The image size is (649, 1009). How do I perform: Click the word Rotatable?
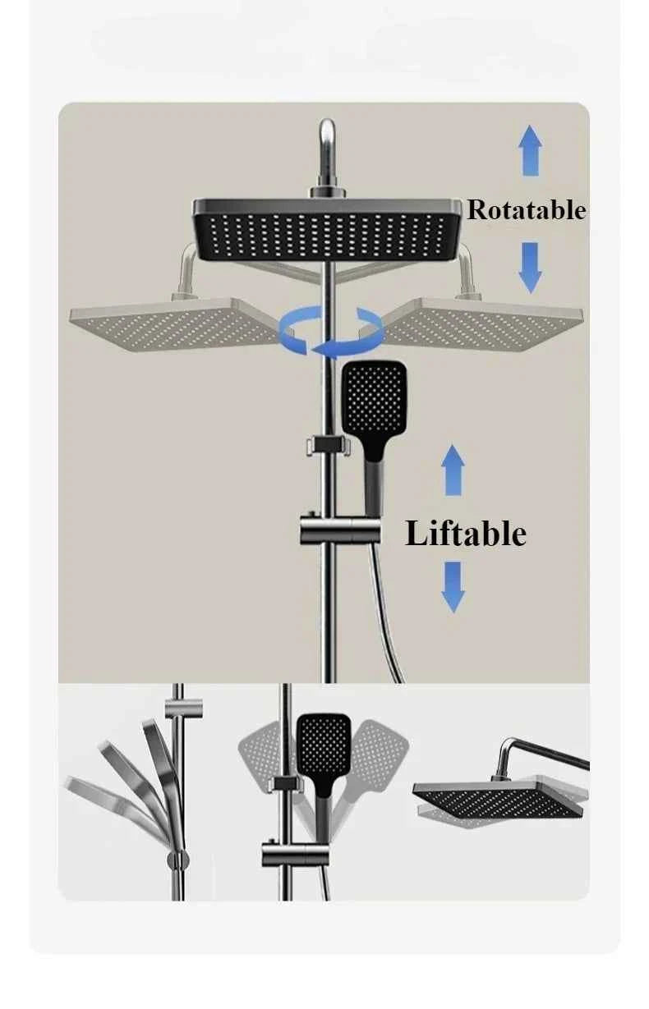526,210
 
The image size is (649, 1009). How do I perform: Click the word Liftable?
466,534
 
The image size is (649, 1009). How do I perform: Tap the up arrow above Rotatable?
530,150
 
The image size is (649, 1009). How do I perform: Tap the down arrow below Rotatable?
530,268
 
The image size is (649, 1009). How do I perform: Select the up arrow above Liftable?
453,470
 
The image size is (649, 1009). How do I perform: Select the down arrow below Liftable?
453,587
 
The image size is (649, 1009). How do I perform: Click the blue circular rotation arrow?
332,330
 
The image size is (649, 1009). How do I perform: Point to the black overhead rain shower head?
328,229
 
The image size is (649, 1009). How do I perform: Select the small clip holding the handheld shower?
329,445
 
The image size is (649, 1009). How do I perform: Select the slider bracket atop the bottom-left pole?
184,709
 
